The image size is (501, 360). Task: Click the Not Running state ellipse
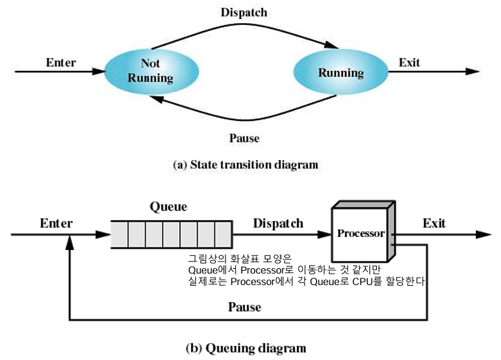(x=151, y=70)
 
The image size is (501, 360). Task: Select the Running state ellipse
(x=340, y=72)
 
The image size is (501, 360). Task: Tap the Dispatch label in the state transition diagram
(x=244, y=12)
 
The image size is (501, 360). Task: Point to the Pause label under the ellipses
(x=244, y=138)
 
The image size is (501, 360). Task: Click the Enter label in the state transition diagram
(x=61, y=63)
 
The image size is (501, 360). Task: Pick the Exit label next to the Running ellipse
(x=409, y=63)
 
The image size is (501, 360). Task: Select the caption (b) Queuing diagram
(x=245, y=349)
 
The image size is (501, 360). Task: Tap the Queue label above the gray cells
(x=169, y=207)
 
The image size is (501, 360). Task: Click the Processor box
(x=361, y=234)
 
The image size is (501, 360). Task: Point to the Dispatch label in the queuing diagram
(x=278, y=223)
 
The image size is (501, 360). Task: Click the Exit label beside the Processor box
(x=434, y=223)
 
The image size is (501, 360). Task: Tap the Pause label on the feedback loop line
(x=244, y=307)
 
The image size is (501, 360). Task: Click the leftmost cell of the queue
(x=119, y=235)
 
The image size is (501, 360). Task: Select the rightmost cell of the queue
(x=224, y=235)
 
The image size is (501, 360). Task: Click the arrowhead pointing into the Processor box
(x=323, y=234)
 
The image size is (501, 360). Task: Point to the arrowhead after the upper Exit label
(x=473, y=70)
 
